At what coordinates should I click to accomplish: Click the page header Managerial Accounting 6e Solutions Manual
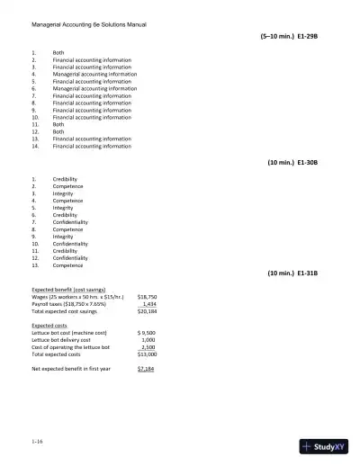(89, 24)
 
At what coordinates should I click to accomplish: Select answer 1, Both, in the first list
(58, 53)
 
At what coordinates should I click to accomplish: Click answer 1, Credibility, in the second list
(66, 179)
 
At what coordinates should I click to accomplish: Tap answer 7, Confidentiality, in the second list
(70, 222)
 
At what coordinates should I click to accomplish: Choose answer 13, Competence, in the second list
(68, 265)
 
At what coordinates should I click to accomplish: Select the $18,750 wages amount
(147, 296)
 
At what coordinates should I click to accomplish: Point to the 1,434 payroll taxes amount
(149, 303)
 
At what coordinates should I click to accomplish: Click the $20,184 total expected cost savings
(147, 310)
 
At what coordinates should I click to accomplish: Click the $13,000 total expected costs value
(147, 354)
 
